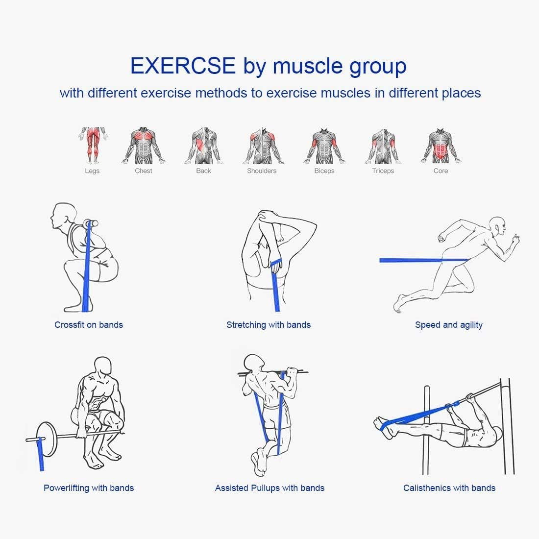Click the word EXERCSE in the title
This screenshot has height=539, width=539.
tap(183, 66)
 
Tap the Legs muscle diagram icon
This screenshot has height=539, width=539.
tap(92, 145)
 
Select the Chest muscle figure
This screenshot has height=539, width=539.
tap(144, 146)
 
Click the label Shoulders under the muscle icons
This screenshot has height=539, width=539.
tap(262, 171)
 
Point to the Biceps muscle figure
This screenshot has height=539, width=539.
tap(324, 146)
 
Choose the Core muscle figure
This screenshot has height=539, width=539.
tap(441, 146)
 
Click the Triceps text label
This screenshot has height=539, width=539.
tap(383, 171)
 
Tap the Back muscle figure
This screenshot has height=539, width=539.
tap(203, 146)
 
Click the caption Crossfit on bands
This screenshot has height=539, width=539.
tap(89, 325)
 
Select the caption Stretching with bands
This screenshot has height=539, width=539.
tap(269, 325)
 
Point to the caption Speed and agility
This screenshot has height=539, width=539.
tap(449, 325)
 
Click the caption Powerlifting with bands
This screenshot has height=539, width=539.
tap(89, 488)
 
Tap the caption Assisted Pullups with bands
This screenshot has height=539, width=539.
tap(269, 488)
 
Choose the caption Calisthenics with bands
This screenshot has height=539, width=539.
tap(449, 488)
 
